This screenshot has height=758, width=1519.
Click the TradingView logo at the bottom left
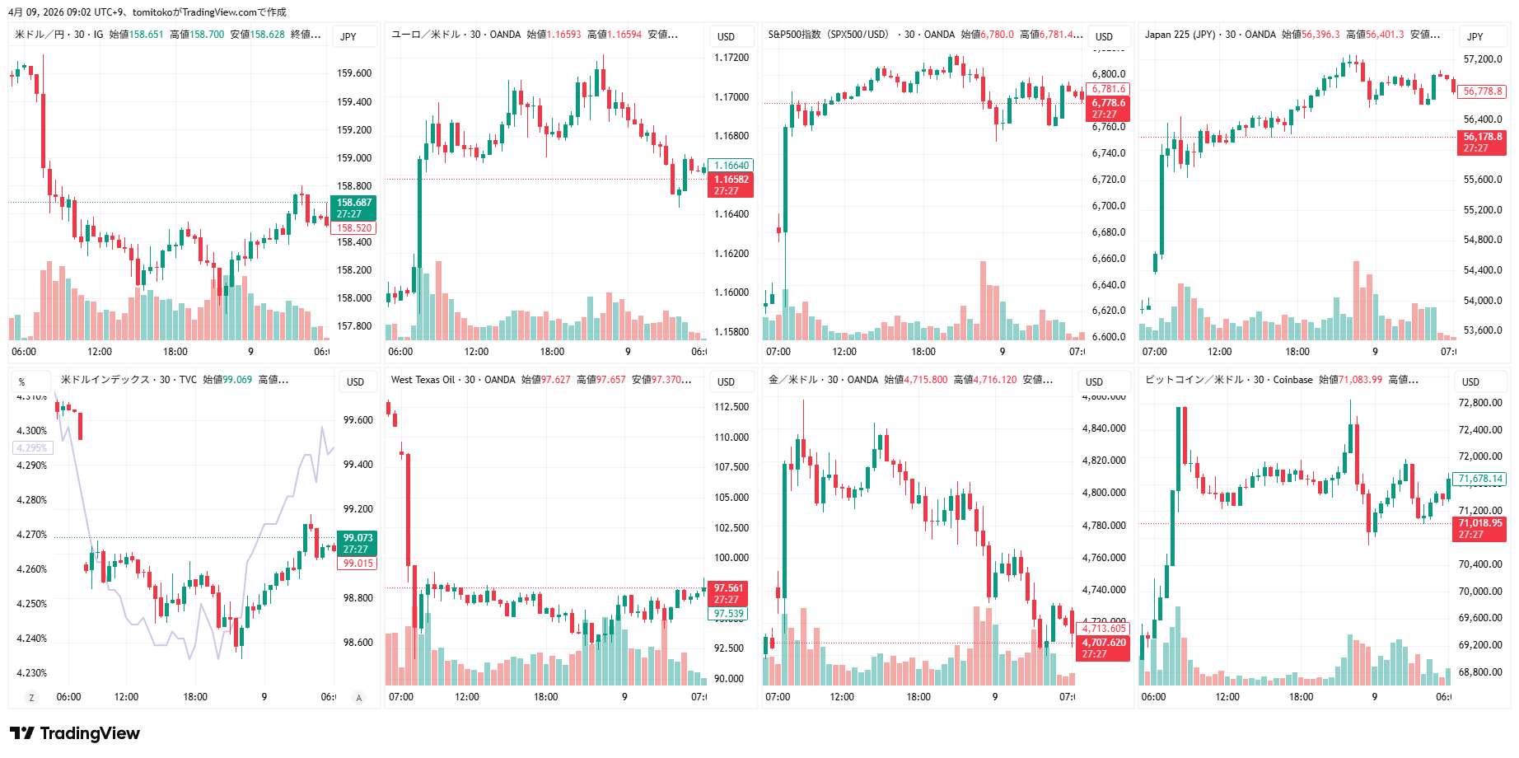(x=75, y=733)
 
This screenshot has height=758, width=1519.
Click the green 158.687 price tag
(x=353, y=208)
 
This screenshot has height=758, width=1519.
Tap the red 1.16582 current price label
(x=730, y=185)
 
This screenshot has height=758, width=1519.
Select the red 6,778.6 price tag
(x=1108, y=108)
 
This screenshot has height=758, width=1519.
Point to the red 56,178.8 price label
(x=1482, y=142)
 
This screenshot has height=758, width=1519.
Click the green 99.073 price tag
(x=357, y=543)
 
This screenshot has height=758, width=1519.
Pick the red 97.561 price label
(x=728, y=593)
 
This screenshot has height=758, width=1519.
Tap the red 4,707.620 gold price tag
(x=1102, y=648)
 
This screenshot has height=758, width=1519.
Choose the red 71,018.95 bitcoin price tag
(x=1479, y=528)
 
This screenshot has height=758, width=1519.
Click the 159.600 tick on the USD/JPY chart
(x=354, y=73)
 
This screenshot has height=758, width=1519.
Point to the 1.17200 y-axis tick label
(x=731, y=58)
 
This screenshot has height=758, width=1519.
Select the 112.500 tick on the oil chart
(x=731, y=407)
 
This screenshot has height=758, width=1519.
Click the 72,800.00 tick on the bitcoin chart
(x=1480, y=403)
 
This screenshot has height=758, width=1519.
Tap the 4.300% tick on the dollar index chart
(x=32, y=431)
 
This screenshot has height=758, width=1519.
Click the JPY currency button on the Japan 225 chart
(x=1475, y=36)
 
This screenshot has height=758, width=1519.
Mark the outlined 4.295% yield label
(x=33, y=448)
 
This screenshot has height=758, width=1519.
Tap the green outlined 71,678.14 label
(x=1480, y=479)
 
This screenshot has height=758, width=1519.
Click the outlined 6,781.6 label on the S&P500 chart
(x=1108, y=89)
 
